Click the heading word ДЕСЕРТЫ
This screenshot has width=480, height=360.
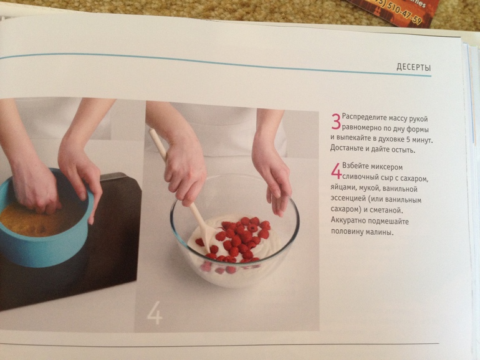point(413,67)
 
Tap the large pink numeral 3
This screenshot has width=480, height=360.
point(336,121)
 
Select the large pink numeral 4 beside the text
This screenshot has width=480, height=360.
point(336,171)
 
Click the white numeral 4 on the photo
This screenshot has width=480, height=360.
point(155,313)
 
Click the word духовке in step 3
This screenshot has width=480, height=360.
point(389,139)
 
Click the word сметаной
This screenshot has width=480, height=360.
point(385,211)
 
